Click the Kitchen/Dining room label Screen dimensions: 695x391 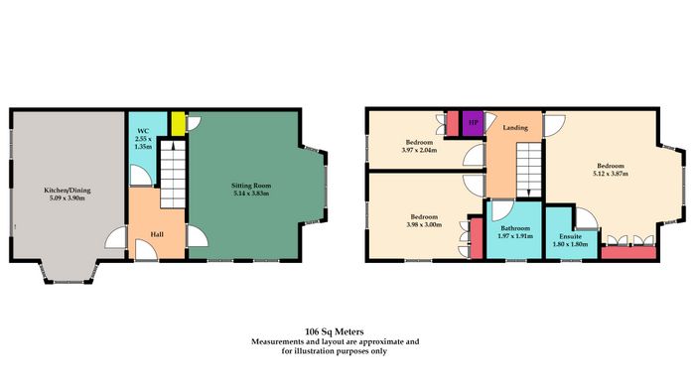[x=67, y=191]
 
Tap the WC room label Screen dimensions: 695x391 [x=143, y=131]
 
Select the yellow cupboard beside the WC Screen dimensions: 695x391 [x=178, y=124]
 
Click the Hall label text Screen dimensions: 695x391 [x=157, y=234]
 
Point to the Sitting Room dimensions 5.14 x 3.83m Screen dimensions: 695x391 [x=251, y=194]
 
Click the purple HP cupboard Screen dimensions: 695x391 [x=473, y=123]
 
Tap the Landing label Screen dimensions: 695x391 [x=515, y=128]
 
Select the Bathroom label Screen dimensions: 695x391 [x=515, y=228]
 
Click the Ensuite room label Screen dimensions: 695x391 [x=571, y=236]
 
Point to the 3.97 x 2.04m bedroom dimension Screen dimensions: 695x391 [x=419, y=150]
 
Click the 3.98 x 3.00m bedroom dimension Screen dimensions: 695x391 [x=424, y=224]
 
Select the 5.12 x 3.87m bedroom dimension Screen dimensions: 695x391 [x=611, y=174]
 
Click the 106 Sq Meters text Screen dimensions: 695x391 [x=335, y=331]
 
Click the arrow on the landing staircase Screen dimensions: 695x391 [x=529, y=192]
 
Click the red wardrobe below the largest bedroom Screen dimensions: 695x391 [x=628, y=252]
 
